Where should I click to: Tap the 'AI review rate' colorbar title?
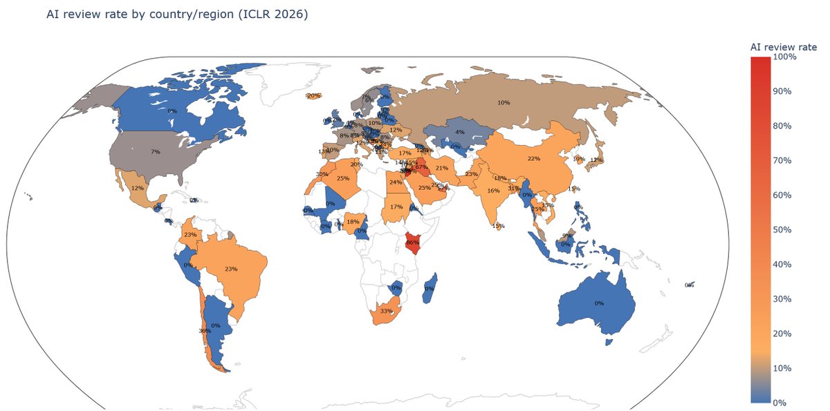783,46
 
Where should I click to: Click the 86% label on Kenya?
413,242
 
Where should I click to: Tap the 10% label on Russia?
504,103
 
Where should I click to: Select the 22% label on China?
533,158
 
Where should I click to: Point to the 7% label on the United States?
155,151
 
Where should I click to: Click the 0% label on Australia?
599,303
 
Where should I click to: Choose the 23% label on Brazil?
231,269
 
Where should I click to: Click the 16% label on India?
493,191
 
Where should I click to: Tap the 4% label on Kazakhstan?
460,131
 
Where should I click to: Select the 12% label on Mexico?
138,188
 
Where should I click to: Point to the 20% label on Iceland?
313,95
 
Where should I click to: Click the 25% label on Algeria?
342,178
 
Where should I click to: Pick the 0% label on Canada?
172,111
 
